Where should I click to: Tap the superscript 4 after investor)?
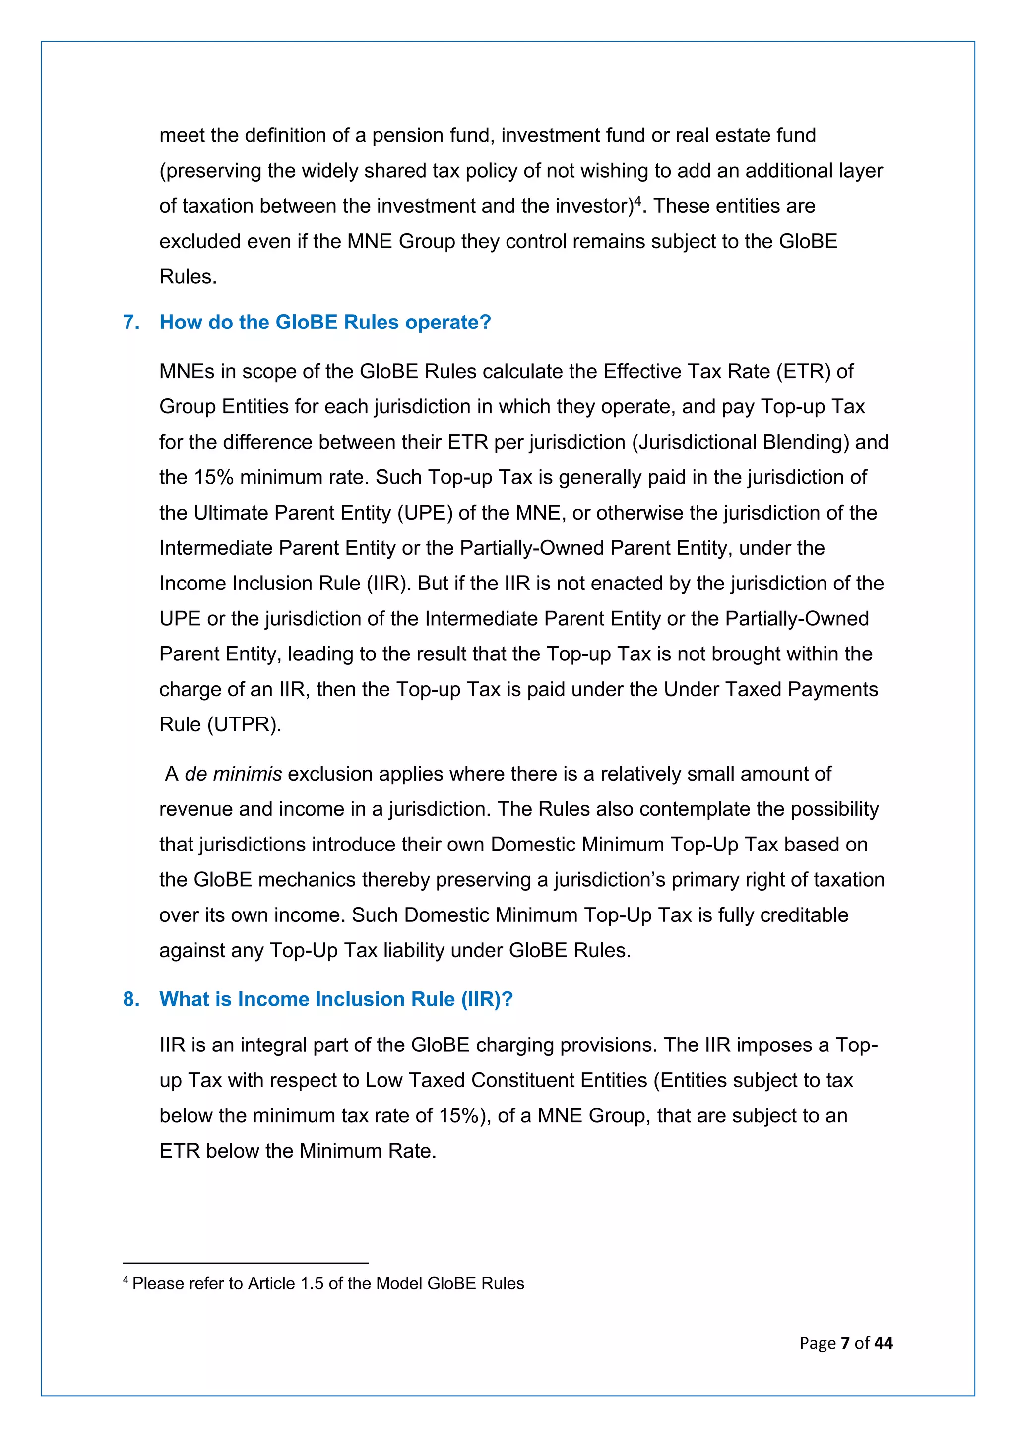pyautogui.click(x=638, y=200)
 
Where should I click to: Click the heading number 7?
pyautogui.click(x=131, y=323)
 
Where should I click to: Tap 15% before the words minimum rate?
pyautogui.click(x=213, y=477)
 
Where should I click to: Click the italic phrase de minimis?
pyautogui.click(x=233, y=774)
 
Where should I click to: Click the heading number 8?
pyautogui.click(x=131, y=999)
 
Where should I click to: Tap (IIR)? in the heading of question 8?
pyautogui.click(x=487, y=999)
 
